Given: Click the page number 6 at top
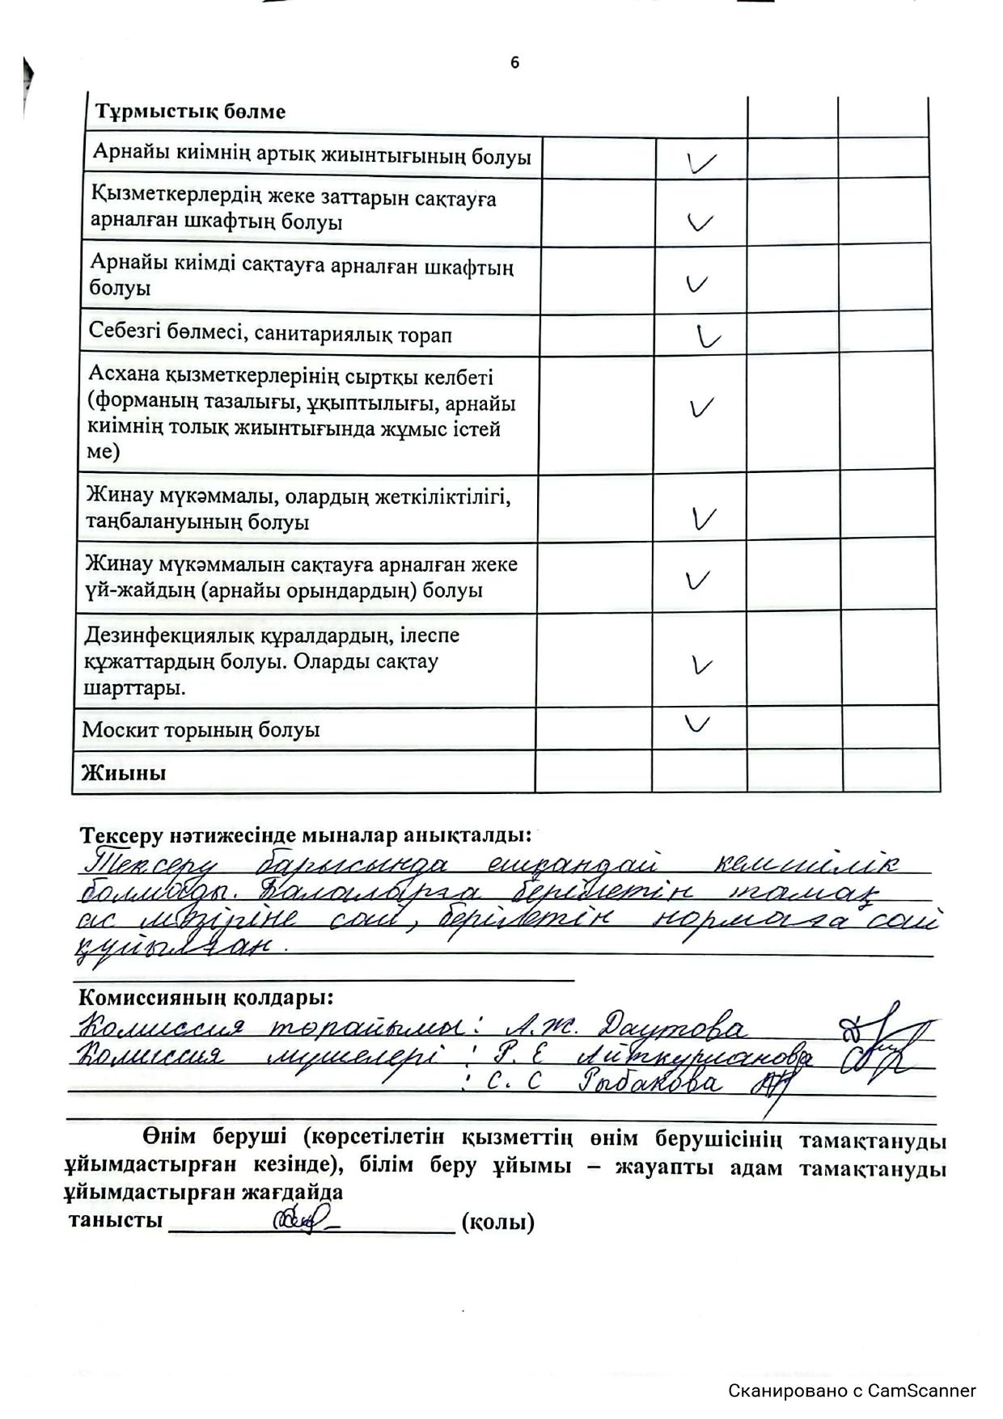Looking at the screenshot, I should pyautogui.click(x=515, y=63).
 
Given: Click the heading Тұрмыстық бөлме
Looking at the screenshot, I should pyautogui.click(x=190, y=112).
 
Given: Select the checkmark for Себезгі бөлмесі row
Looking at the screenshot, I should pyautogui.click(x=708, y=336).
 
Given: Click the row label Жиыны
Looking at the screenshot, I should pyautogui.click(x=124, y=772).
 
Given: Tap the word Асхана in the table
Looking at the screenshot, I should pyautogui.click(x=124, y=378).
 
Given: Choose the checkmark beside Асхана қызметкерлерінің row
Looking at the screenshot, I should pyautogui.click(x=701, y=408).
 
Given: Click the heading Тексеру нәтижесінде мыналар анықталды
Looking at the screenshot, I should pyautogui.click(x=306, y=834).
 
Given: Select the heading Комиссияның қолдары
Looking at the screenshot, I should pyautogui.click(x=204, y=997).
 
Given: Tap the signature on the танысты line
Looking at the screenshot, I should pyautogui.click(x=303, y=1219).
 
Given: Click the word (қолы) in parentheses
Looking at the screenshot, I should pyautogui.click(x=497, y=1222).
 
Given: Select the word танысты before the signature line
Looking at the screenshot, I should pyautogui.click(x=116, y=1220).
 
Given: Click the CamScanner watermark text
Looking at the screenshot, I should pyautogui.click(x=852, y=1391).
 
